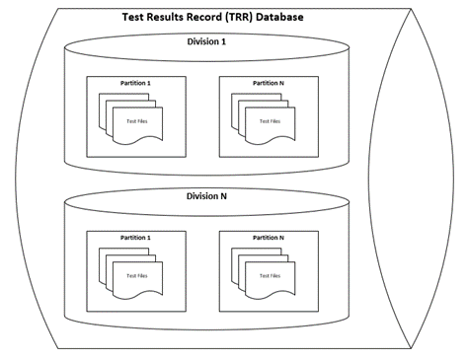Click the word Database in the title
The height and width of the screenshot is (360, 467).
point(279,17)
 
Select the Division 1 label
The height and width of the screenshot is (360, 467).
point(206,41)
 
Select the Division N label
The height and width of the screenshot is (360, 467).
point(206,196)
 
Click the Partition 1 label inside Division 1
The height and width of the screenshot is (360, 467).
point(135,83)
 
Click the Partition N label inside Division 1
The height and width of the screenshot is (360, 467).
point(269,83)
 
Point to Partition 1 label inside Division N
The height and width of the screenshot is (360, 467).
point(135,238)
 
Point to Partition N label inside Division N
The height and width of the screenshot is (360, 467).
point(269,238)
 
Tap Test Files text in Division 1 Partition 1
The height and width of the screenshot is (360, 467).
point(137,121)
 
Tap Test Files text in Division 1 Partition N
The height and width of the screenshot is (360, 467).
point(270,121)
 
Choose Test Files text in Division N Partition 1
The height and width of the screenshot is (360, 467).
point(137,276)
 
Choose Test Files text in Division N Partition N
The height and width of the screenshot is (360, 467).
point(270,276)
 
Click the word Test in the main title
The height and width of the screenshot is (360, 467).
point(133,17)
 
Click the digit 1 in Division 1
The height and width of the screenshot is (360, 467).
point(223,41)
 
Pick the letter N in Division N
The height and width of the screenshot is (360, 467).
point(223,196)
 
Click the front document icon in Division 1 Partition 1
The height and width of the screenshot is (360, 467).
point(137,125)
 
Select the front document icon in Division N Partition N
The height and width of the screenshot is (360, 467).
point(271,280)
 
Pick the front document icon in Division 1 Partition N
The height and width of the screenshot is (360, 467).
point(271,125)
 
